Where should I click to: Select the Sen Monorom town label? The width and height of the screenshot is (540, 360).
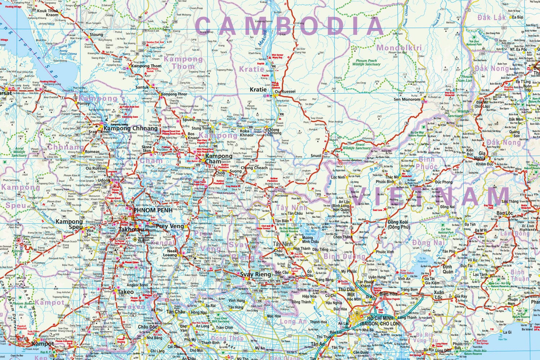[407, 99]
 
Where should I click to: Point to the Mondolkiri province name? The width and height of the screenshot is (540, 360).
[399, 48]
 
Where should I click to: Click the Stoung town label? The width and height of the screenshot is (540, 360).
[96, 35]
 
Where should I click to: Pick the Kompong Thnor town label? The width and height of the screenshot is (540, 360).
[174, 94]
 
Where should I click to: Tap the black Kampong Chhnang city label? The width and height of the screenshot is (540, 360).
[130, 128]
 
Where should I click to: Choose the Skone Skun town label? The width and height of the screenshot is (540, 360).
[147, 150]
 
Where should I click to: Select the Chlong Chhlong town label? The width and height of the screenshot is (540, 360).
[273, 131]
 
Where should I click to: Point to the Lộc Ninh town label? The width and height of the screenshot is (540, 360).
[338, 177]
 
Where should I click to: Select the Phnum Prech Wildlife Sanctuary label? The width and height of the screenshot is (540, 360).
[366, 63]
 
